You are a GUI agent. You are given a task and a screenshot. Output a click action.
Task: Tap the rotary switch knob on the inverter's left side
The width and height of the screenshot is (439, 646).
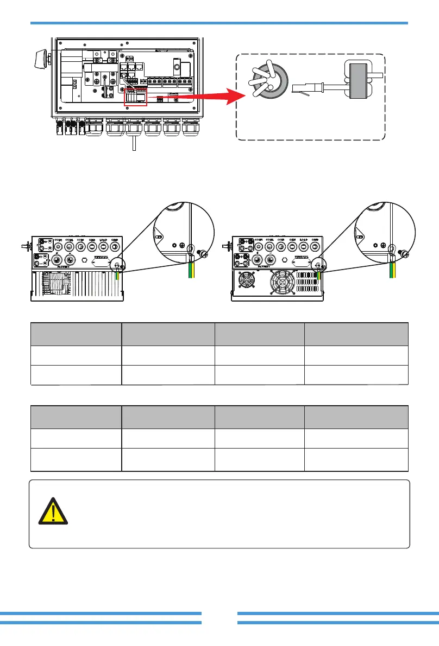40,56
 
